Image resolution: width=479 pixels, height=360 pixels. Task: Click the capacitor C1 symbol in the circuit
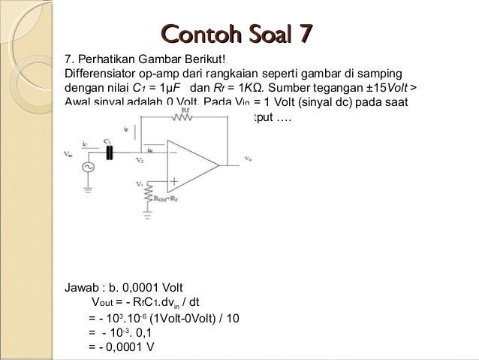point(111,153)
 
